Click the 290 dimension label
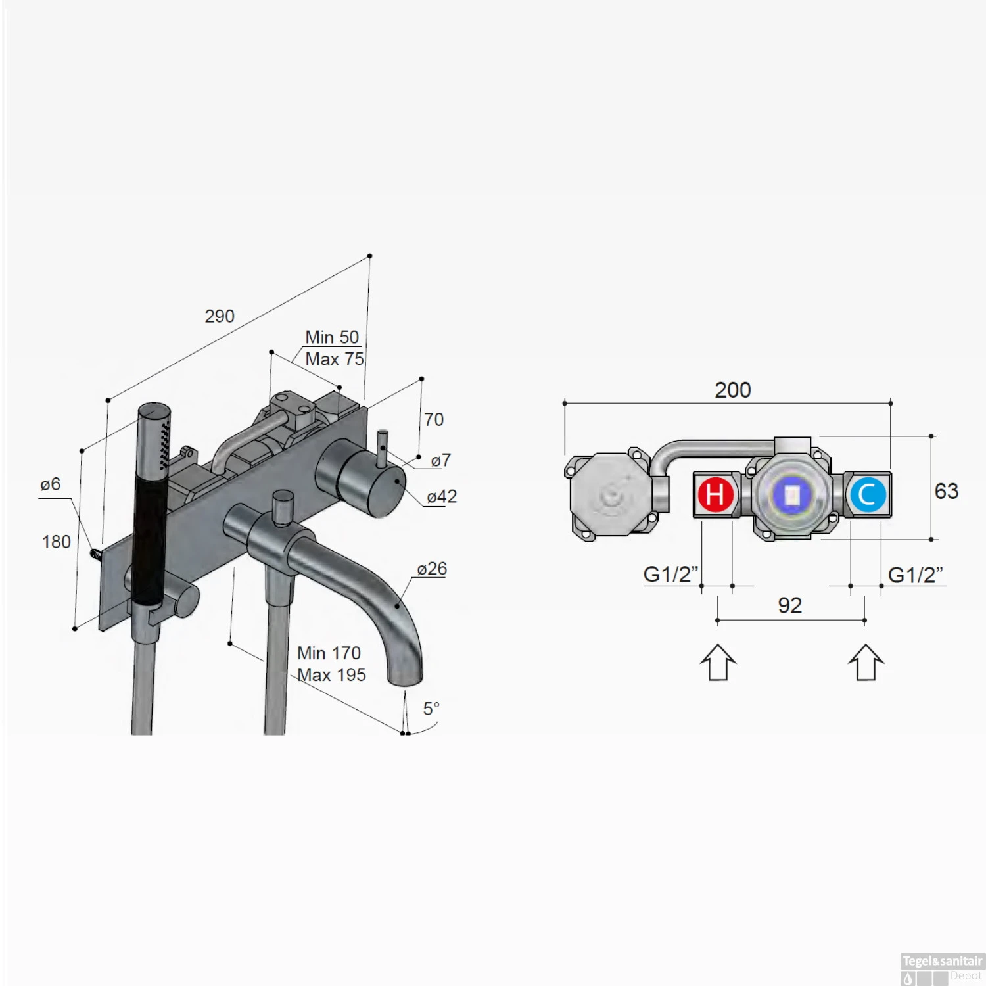(x=220, y=316)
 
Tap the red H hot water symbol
(x=715, y=494)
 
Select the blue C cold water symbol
(x=867, y=494)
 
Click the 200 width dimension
(x=732, y=390)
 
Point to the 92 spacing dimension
(x=789, y=605)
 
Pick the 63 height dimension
(x=946, y=491)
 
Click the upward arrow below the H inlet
(x=718, y=662)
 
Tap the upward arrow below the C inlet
(x=866, y=662)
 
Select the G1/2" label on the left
(x=670, y=574)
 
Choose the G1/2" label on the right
(x=915, y=575)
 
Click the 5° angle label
(x=431, y=709)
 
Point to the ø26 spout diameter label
(x=432, y=569)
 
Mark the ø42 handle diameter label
(x=442, y=496)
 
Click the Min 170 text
(x=329, y=653)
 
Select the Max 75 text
(x=334, y=359)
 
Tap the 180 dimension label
(x=57, y=542)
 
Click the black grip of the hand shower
(x=147, y=539)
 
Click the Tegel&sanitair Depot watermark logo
(x=941, y=968)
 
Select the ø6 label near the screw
(x=50, y=484)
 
